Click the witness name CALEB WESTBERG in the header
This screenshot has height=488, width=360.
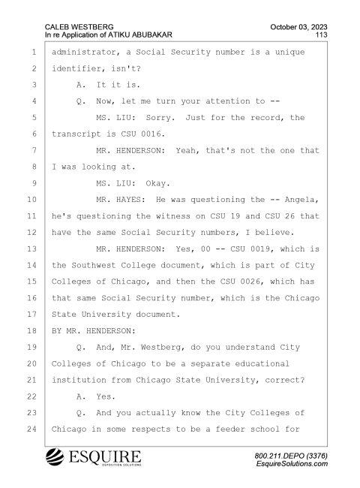[x=79, y=27]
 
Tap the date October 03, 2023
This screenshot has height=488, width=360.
[x=298, y=27]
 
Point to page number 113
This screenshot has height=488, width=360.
[x=322, y=35]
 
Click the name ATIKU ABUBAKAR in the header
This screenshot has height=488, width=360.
[x=140, y=35]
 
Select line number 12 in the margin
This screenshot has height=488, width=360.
[x=31, y=233]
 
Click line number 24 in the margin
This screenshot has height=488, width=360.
[x=31, y=429]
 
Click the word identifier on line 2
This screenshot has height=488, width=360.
[x=76, y=68]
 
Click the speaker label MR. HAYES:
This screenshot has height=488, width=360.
[x=121, y=200]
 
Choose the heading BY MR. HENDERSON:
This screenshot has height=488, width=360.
[x=94, y=331]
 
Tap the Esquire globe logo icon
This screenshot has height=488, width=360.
[x=55, y=457]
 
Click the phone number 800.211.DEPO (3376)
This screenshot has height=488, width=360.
[x=291, y=456]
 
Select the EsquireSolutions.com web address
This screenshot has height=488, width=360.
[x=292, y=464]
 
